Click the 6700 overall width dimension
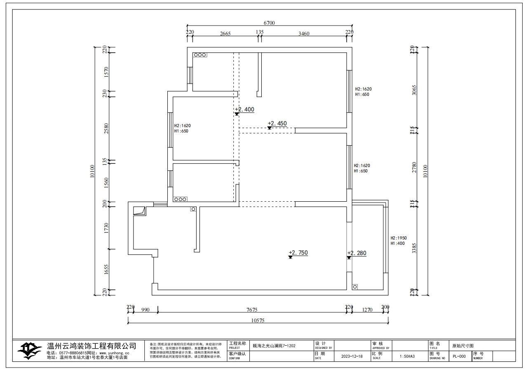pyautogui.click(x=269, y=23)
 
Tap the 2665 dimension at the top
pyautogui.click(x=225, y=34)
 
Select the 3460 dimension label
pyautogui.click(x=303, y=34)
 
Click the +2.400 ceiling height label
pyautogui.click(x=244, y=109)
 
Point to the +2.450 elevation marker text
pyautogui.click(x=277, y=123)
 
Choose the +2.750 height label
pyautogui.click(x=298, y=253)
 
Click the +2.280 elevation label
pyautogui.click(x=357, y=253)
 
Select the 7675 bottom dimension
pyautogui.click(x=251, y=310)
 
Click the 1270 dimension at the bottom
pyautogui.click(x=367, y=310)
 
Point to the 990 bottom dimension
pyautogui.click(x=145, y=310)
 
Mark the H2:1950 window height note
pyautogui.click(x=399, y=238)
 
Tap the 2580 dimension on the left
pyautogui.click(x=106, y=129)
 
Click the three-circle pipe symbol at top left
pyautogui.click(x=200, y=54)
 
